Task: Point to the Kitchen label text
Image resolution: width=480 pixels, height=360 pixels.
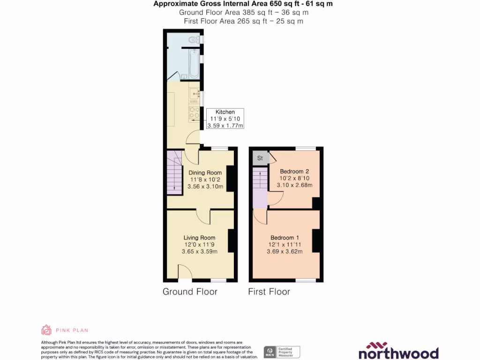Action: tap(225, 112)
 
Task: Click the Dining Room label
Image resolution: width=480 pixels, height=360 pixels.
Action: tap(205, 173)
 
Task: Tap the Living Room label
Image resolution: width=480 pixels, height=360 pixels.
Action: tap(200, 238)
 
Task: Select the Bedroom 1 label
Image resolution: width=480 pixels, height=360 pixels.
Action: tap(285, 238)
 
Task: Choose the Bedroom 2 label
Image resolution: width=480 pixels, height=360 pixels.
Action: tap(294, 171)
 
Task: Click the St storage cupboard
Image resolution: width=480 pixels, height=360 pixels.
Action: tap(260, 158)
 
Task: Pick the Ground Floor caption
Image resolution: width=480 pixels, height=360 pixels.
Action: tap(190, 292)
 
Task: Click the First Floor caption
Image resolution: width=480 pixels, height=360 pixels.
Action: tap(269, 292)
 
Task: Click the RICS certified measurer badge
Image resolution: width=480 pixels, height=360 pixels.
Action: tap(282, 352)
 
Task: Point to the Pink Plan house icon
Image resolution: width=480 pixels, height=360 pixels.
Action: tap(46, 330)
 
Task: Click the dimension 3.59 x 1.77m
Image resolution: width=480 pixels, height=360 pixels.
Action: tap(225, 126)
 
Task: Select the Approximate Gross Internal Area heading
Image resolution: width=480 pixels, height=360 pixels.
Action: tap(243, 4)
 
